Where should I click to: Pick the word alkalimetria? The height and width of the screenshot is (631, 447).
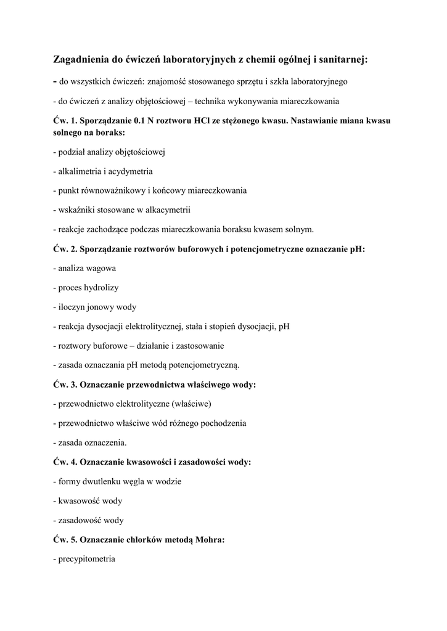pyautogui.click(x=81, y=171)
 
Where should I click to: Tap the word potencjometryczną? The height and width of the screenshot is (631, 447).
pyautogui.click(x=202, y=364)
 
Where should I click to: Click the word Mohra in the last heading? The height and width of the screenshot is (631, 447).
pyautogui.click(x=210, y=539)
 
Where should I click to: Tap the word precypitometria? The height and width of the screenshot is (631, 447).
pyautogui.click(x=86, y=558)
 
